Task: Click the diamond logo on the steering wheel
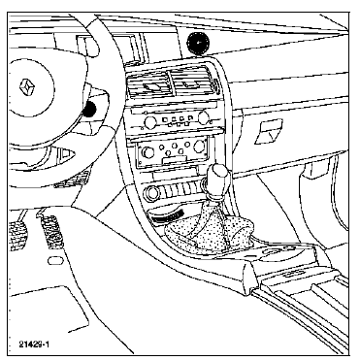pos(26,87)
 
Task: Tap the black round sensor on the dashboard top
pos(198,42)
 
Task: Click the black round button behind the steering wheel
pos(89,109)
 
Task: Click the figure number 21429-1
pos(34,345)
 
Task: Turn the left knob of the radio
pos(149,122)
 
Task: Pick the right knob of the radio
pos(204,117)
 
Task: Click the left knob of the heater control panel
pos(148,152)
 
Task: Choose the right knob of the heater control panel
pos(199,147)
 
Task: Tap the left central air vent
pos(149,86)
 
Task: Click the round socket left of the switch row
pos(152,193)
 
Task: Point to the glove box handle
pos(269,131)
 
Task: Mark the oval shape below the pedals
pos(55,261)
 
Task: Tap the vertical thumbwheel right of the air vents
pos(214,86)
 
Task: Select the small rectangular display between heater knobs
pos(175,159)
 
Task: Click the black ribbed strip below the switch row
pos(168,216)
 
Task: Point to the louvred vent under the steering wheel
pos(72,180)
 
